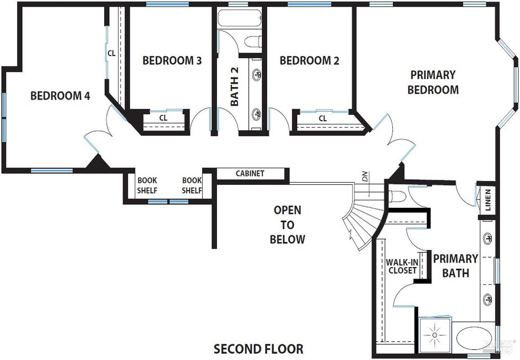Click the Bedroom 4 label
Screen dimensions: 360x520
60,96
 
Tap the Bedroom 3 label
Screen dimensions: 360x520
172,60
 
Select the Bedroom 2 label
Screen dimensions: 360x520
309,60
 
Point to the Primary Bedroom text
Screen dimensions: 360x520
433,82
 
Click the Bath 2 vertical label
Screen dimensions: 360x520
234,87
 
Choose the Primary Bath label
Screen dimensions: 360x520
455,266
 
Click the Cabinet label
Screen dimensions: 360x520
250,173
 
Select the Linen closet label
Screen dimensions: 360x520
488,201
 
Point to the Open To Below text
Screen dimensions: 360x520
287,224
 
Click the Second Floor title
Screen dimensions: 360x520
258,349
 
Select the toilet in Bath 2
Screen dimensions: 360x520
252,42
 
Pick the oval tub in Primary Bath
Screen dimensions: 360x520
474,338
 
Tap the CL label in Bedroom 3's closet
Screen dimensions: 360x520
163,118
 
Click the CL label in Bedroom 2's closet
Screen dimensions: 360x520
322,119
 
